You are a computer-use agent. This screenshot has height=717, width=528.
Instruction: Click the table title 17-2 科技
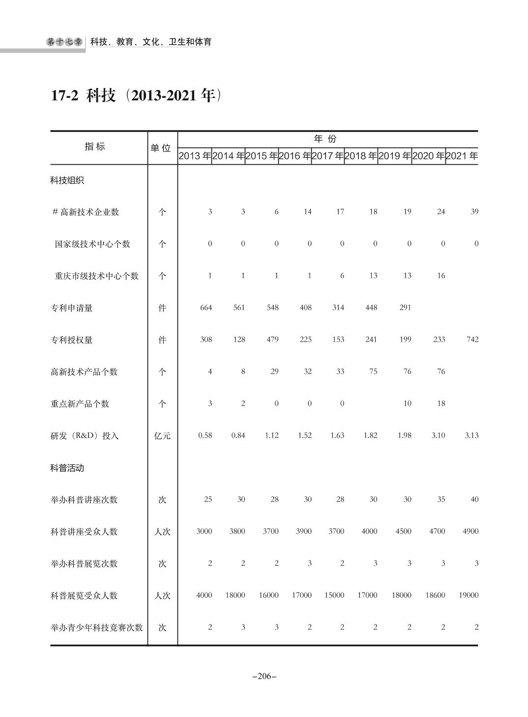(x=133, y=95)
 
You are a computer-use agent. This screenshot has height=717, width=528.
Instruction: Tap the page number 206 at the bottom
(x=264, y=676)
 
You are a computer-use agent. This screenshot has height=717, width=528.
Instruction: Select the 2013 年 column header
(x=195, y=156)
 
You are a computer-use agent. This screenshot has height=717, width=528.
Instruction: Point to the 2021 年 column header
(x=462, y=156)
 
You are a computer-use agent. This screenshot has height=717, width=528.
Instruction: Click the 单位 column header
(x=162, y=148)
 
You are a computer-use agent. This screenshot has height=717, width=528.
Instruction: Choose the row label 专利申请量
(x=71, y=308)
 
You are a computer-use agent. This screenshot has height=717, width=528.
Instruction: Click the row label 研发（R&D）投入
(x=85, y=436)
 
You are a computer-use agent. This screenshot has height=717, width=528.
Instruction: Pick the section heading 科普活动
(x=67, y=468)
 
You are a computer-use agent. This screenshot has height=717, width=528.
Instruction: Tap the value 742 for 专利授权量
(x=472, y=339)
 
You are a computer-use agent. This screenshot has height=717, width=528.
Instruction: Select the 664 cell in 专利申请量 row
(x=206, y=307)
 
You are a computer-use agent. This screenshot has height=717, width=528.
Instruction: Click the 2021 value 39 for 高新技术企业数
(x=474, y=211)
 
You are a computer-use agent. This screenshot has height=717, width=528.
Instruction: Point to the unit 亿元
(x=162, y=436)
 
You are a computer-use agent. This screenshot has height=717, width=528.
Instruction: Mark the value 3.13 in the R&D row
(x=471, y=435)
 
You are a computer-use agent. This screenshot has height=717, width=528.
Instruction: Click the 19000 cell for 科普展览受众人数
(x=468, y=595)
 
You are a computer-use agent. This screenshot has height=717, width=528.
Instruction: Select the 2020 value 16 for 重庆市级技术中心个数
(x=440, y=275)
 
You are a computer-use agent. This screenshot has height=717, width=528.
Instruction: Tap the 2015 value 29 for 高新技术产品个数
(x=274, y=371)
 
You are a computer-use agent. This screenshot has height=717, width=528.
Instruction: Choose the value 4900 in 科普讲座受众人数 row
(x=470, y=531)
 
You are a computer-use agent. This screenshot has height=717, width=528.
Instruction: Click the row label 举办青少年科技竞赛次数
(x=97, y=627)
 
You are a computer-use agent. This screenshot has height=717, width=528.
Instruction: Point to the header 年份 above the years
(x=325, y=139)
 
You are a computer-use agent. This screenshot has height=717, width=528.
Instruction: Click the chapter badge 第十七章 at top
(x=65, y=42)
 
